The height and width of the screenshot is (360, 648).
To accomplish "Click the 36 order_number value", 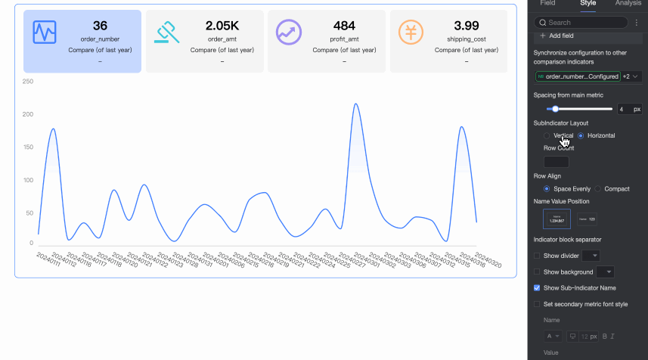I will coord(100,26).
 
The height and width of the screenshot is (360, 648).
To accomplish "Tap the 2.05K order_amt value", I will coord(222,26).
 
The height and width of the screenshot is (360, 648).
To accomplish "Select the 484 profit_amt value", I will coord(345,26).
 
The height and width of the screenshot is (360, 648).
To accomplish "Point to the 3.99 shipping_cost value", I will coord(467,26).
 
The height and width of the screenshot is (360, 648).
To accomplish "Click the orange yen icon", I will coord(411,32).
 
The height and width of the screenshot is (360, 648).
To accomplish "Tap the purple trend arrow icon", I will coord(289,32).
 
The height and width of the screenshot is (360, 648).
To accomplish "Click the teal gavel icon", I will coord(166,32).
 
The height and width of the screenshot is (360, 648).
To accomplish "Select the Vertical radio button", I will coord(547,135).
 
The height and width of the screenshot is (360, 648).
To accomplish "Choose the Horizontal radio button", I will coord(581,135).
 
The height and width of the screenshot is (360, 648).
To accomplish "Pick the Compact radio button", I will coord(598,188).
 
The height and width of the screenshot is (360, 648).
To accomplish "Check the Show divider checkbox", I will coord(538,256).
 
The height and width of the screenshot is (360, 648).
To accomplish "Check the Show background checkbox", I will coord(538,272).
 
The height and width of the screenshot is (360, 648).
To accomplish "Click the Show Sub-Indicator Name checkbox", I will coord(538,287).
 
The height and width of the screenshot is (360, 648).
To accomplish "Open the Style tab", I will coord(588,4).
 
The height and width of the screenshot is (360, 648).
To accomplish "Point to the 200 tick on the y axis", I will coord(28,114).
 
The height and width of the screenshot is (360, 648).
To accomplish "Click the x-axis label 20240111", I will coord(48,259).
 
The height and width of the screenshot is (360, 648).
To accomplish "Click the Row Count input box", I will coord(556,161).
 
